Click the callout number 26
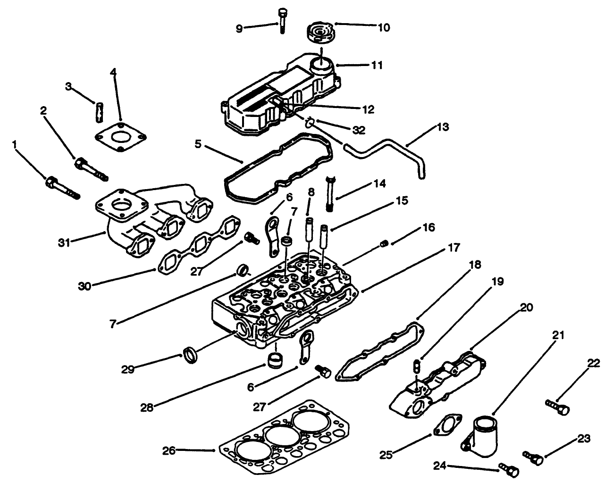168,451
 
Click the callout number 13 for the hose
443,127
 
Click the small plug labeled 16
384,243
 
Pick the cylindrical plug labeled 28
275,361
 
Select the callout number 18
475,265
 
